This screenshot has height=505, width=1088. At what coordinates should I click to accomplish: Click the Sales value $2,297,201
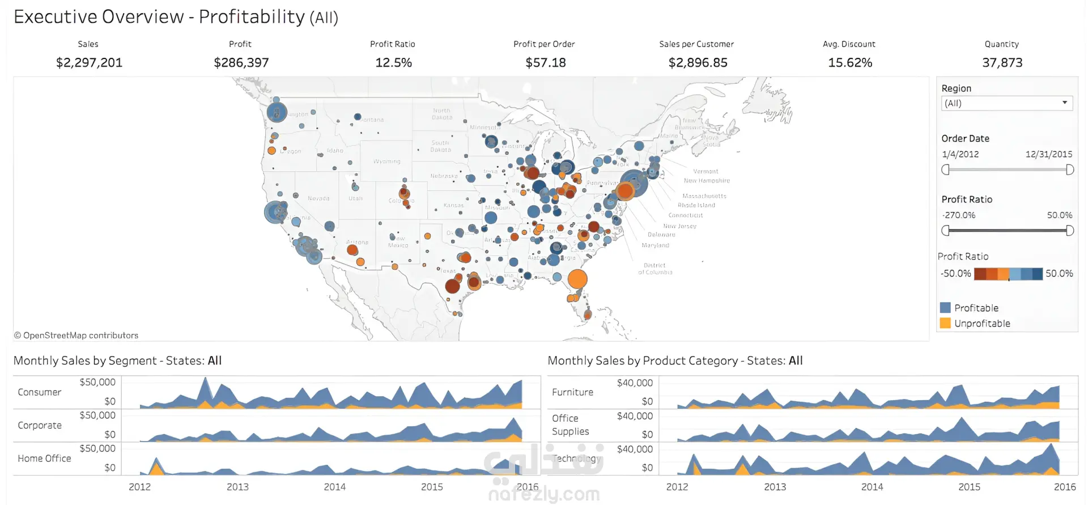tap(89, 62)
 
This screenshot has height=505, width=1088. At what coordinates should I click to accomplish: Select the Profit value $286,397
tap(241, 62)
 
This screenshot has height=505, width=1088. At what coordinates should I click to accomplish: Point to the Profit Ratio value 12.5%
tap(393, 62)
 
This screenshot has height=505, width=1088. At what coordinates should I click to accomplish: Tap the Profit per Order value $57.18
tap(545, 62)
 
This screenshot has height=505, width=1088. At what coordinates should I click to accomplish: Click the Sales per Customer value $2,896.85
tap(698, 62)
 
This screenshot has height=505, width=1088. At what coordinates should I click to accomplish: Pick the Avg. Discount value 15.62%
tap(850, 62)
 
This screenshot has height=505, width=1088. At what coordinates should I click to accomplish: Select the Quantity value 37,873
tap(1002, 62)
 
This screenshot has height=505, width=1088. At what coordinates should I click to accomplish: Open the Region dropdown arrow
tap(1065, 103)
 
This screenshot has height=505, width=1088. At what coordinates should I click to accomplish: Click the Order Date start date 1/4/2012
tap(960, 154)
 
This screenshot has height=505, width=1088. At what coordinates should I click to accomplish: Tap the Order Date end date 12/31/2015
tap(1048, 154)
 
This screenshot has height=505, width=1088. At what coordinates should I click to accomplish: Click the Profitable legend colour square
tap(945, 308)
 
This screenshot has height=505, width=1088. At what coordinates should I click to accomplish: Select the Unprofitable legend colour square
tap(945, 323)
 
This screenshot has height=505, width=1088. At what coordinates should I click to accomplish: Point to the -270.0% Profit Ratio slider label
tap(958, 215)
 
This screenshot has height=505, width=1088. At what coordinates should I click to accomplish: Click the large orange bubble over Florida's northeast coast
tap(577, 279)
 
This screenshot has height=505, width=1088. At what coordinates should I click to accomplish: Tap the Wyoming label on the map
tap(386, 162)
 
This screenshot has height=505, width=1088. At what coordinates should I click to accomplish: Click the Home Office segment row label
tap(44, 459)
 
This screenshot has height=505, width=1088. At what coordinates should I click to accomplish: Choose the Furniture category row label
tap(572, 392)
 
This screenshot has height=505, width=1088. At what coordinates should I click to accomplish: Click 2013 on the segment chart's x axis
tap(237, 487)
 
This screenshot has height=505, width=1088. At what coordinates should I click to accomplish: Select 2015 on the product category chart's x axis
tap(969, 487)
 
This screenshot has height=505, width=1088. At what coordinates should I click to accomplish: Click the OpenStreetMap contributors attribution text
tap(76, 336)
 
